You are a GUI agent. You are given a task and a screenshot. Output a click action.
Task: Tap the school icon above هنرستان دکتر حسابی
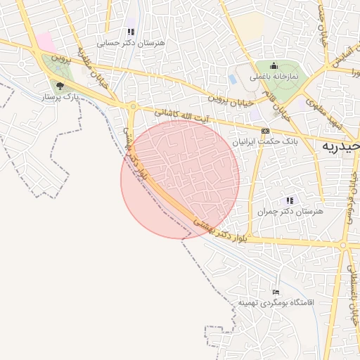(x=130, y=32)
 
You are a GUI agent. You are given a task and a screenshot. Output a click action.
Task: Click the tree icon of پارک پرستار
(x=60, y=86)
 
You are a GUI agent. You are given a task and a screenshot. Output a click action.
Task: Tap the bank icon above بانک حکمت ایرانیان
(x=265, y=131)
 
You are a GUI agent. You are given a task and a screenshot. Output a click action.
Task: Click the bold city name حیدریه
(x=341, y=146)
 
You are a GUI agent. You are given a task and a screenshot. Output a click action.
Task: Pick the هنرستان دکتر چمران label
(x=290, y=211)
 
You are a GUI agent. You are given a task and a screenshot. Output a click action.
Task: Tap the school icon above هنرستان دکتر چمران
(x=290, y=200)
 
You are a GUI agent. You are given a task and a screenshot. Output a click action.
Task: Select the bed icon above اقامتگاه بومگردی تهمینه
(x=276, y=292)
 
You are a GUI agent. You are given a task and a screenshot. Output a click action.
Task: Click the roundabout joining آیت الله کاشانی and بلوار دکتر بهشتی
(x=132, y=106)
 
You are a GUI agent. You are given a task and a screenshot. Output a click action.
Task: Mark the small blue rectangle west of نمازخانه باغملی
(x=232, y=79)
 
